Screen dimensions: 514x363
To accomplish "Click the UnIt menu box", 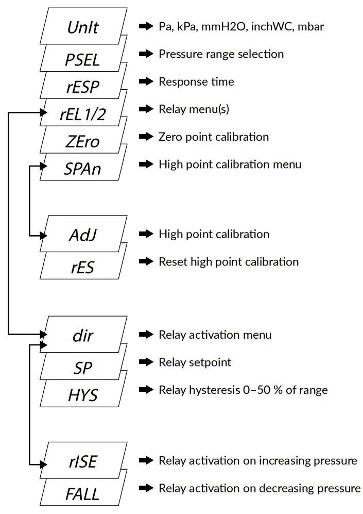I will pos(84,27).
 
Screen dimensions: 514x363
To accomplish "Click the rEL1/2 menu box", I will pos(82,114).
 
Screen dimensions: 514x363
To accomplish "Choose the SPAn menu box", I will pos(82,168).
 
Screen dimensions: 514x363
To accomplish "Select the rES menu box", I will pos(82,267).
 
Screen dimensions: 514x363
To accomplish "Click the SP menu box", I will pos(82,368).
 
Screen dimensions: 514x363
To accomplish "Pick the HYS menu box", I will pos(82,395).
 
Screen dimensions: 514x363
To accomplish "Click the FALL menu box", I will pos(82,493).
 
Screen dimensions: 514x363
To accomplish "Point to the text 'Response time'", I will pos(196,81).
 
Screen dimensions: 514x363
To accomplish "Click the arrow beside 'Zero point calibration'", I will pos(147,137).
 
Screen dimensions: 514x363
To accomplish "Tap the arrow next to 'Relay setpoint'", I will pos(147,362).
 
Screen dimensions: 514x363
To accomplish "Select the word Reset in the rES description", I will pos(173,261).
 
